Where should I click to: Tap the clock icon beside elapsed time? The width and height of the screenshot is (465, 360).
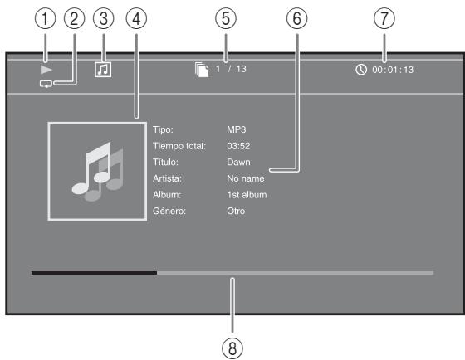[361, 70]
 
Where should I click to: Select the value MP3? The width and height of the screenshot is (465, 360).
[237, 129]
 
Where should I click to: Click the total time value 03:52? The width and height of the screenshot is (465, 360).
[238, 145]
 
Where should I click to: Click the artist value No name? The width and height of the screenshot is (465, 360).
[246, 178]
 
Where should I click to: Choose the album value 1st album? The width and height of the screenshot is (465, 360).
[247, 195]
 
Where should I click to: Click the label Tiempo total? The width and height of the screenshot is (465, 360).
[179, 145]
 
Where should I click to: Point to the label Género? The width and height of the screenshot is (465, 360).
[171, 212]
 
